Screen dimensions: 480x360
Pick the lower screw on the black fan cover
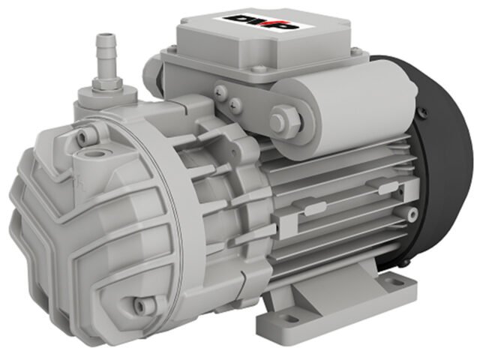[x=405, y=262]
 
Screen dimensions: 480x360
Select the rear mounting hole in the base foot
[x=394, y=280]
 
